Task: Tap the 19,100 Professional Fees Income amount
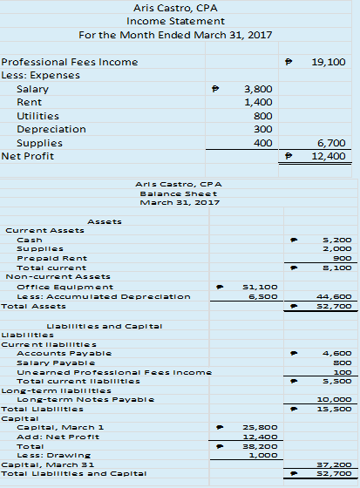tap(328, 63)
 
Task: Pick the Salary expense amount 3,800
tap(258, 89)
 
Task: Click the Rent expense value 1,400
tap(258, 102)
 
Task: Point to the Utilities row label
tap(38, 116)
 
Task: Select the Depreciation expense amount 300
tap(263, 129)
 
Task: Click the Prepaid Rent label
tap(42, 257)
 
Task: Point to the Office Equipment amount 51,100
tap(263, 286)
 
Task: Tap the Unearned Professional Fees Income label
tap(114, 371)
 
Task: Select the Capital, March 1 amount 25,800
tap(263, 427)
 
